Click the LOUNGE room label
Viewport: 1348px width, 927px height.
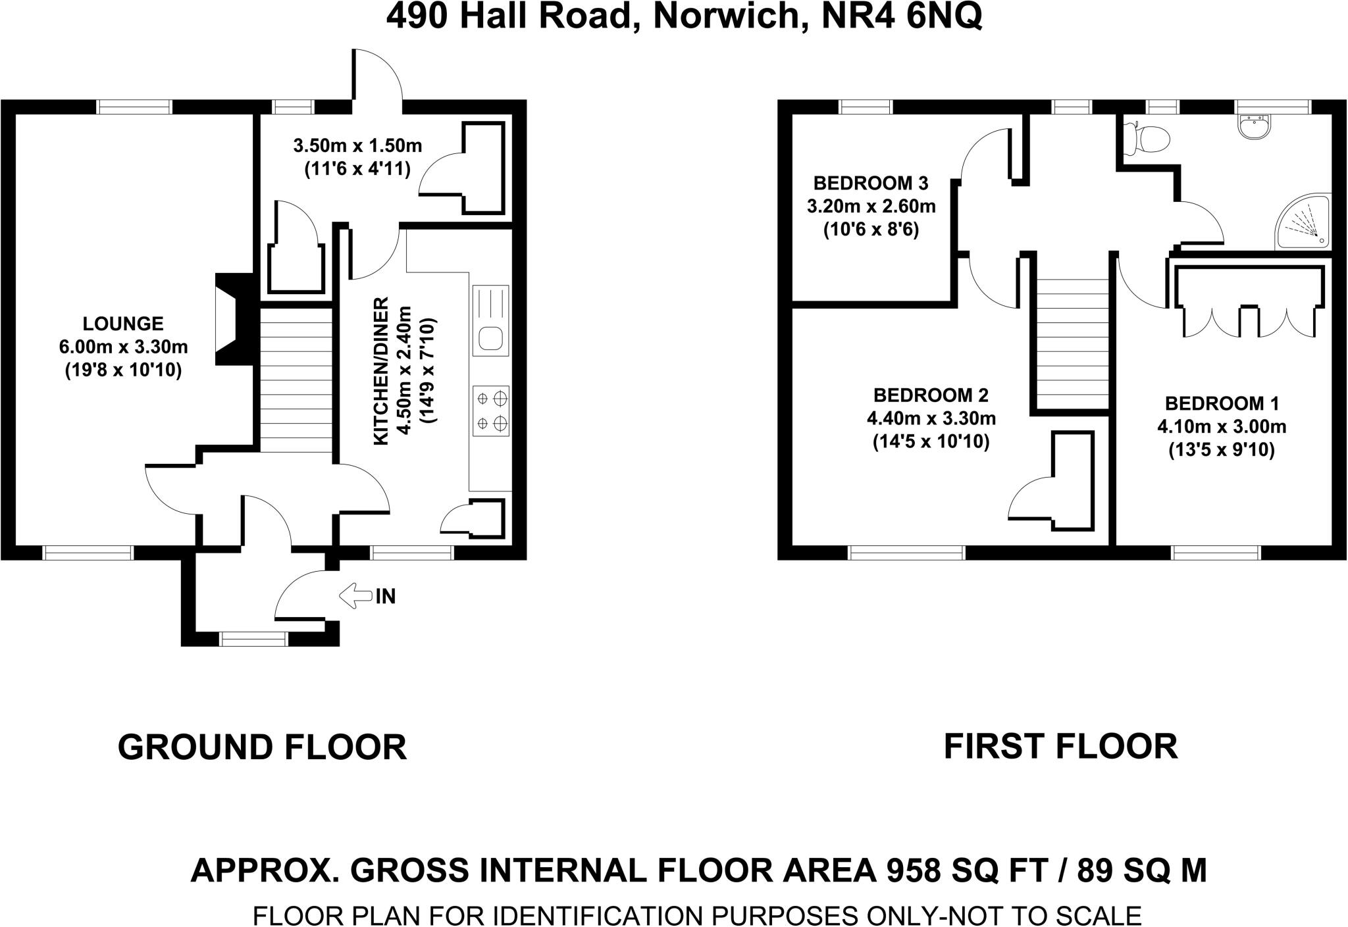[123, 324]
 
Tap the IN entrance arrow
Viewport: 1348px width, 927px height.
[355, 596]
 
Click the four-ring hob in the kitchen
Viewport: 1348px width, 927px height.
[491, 411]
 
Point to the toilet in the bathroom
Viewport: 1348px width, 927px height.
[1149, 138]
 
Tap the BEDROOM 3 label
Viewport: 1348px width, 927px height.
[871, 182]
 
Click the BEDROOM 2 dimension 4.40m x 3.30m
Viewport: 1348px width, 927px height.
[931, 418]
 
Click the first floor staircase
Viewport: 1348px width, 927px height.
[1073, 342]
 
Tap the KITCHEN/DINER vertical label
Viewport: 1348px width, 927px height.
[382, 371]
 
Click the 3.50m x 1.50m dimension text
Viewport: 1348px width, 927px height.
[357, 145]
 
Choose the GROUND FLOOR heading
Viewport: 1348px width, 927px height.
[262, 747]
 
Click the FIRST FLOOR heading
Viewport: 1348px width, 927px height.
[1060, 746]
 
